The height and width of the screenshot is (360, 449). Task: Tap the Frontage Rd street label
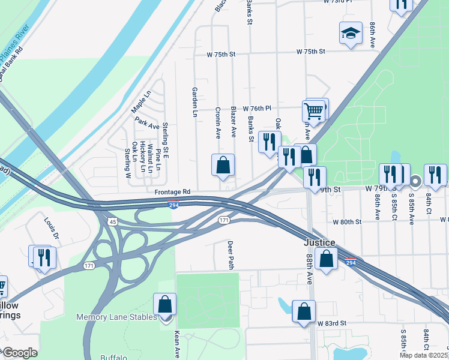pyautogui.click(x=172, y=191)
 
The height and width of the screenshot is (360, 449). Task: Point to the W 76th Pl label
pyautogui.click(x=257, y=108)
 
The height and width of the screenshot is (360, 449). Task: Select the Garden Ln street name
pyautogui.click(x=194, y=101)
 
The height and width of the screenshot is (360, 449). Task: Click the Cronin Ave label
pyautogui.click(x=218, y=122)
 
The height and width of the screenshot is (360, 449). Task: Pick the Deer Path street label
pyautogui.click(x=229, y=255)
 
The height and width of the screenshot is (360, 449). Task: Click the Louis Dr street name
pyautogui.click(x=52, y=227)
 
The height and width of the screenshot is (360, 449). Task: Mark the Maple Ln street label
pyautogui.click(x=140, y=101)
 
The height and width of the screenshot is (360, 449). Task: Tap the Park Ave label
pyautogui.click(x=147, y=123)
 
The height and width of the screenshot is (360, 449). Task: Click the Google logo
pyautogui.click(x=19, y=352)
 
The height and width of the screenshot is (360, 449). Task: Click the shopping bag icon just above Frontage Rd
pyautogui.click(x=223, y=166)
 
